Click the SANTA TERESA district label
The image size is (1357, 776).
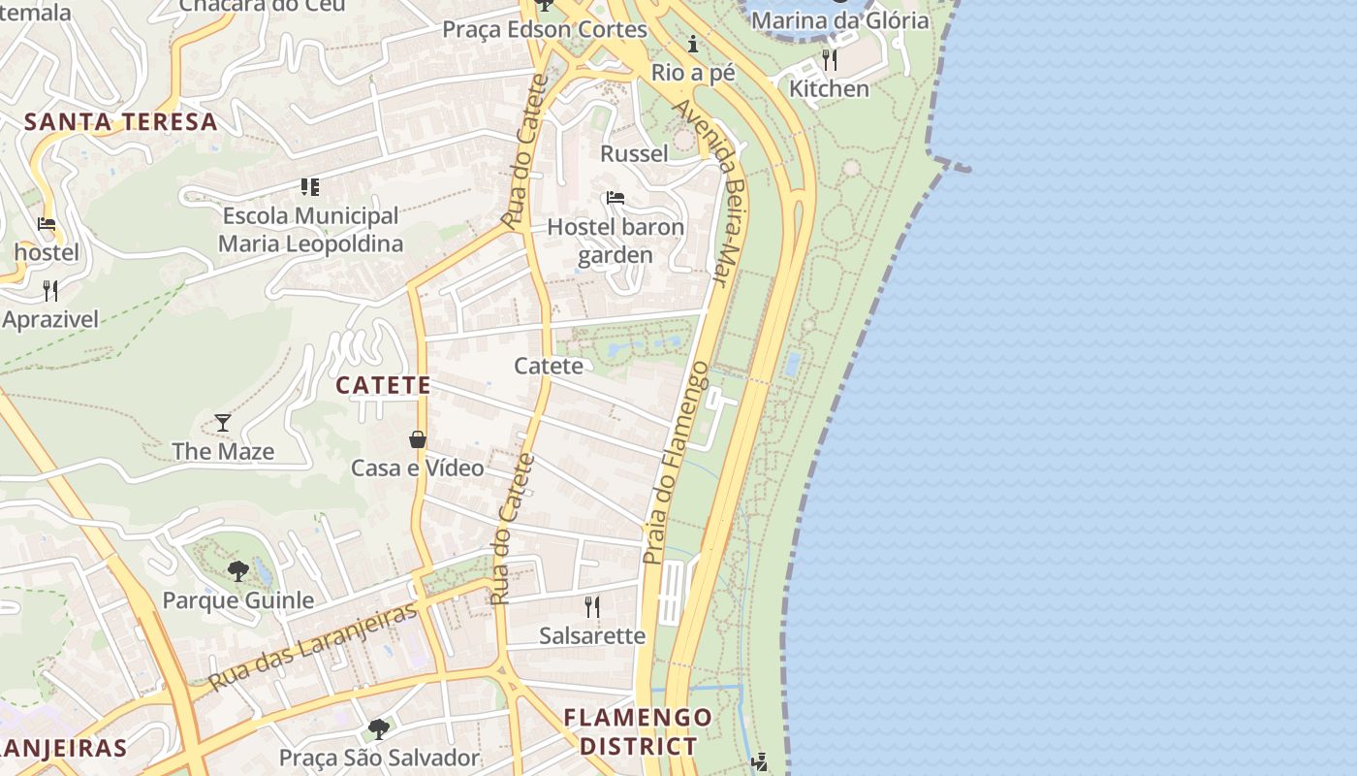[121, 122]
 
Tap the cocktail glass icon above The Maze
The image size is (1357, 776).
[223, 422]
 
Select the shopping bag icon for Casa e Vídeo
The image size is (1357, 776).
[418, 439]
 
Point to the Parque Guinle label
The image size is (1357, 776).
[238, 599]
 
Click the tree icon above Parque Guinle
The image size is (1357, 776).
[238, 570]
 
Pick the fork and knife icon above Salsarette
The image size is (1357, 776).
[591, 607]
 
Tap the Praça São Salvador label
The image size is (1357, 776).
[379, 758]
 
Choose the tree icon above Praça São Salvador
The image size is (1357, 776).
[379, 728]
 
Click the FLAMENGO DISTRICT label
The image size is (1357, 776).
[638, 731]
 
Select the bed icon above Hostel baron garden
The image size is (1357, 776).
[615, 198]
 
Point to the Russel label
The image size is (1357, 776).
[635, 153]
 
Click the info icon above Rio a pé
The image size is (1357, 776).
[693, 44]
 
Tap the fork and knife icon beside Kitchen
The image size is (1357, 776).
[829, 60]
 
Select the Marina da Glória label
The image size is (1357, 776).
[839, 19]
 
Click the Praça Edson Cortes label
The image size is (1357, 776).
[545, 29]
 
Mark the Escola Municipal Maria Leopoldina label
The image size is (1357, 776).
[310, 229]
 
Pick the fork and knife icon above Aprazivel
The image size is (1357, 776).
[50, 290]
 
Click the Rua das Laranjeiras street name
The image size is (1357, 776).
[312, 646]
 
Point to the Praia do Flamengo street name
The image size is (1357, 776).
[676, 463]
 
